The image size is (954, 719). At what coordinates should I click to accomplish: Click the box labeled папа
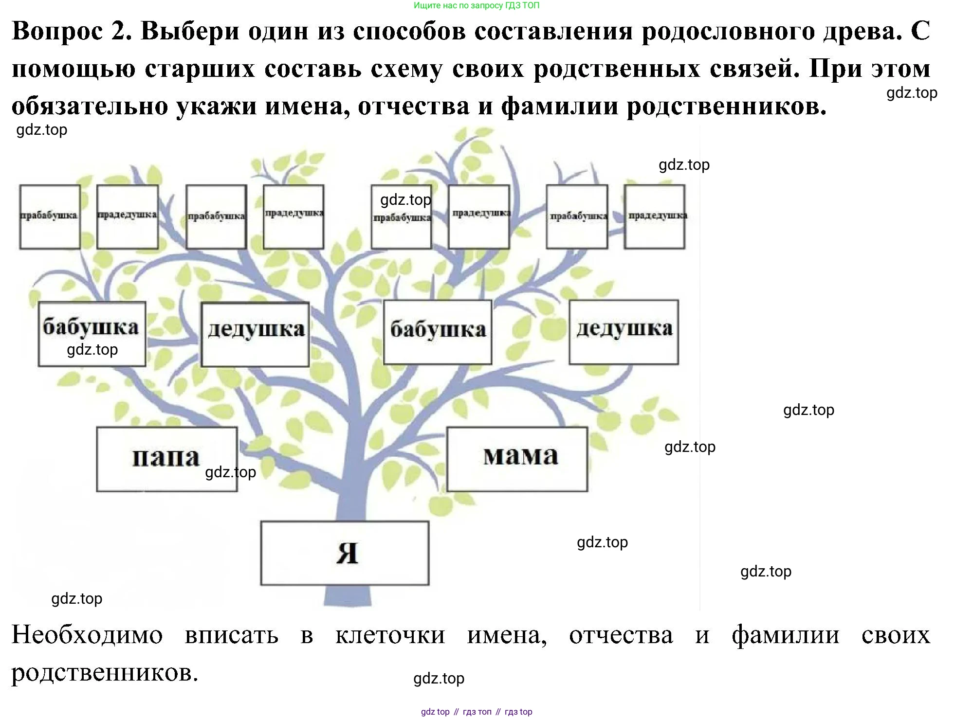click(x=166, y=459)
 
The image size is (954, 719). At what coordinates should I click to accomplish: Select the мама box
click(x=517, y=459)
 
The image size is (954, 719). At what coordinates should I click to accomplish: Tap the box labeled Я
click(x=345, y=553)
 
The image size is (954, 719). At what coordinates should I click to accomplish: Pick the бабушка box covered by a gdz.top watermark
click(x=92, y=334)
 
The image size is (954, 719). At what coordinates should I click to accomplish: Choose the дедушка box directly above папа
click(x=255, y=334)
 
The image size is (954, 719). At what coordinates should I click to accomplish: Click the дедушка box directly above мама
click(x=624, y=332)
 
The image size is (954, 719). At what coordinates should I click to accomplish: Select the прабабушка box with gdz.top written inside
click(x=402, y=216)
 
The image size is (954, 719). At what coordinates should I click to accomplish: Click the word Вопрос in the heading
click(x=57, y=31)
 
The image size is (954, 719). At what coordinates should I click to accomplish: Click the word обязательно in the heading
click(x=89, y=106)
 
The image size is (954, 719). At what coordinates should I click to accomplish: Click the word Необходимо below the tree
click(x=87, y=635)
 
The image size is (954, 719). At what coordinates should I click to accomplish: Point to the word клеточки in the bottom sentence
click(x=390, y=635)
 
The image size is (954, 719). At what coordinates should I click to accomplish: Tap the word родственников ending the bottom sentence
click(x=105, y=673)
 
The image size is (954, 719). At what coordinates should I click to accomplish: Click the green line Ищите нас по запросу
click(x=477, y=6)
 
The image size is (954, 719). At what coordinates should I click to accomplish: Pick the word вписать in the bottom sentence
click(x=231, y=635)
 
